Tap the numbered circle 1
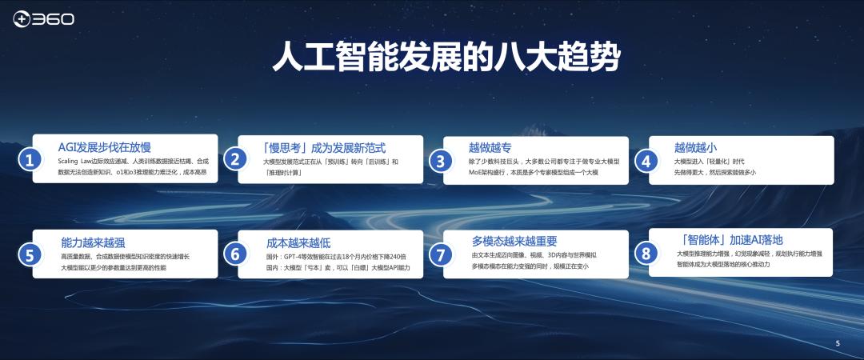[x=30, y=160]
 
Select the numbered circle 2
[x=234, y=159]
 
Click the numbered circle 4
[x=646, y=160]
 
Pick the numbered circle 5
[x=30, y=255]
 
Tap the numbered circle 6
[x=234, y=254]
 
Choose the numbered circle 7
[x=440, y=255]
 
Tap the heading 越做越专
[x=490, y=147]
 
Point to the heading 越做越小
[x=695, y=147]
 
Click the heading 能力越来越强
[x=93, y=242]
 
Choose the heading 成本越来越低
[x=298, y=242]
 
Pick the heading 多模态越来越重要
[x=514, y=241]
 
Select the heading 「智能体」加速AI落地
[x=729, y=239]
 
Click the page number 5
[x=838, y=343]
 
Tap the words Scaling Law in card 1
[x=78, y=162]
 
